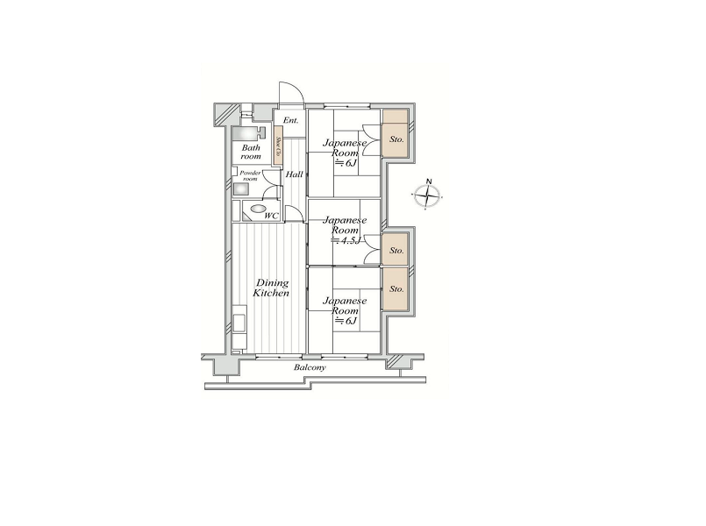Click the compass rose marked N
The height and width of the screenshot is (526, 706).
pos(427,196)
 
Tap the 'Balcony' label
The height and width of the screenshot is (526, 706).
pos(310,367)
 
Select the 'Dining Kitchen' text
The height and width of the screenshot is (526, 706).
pos(271,288)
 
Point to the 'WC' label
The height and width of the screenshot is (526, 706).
pos(272,215)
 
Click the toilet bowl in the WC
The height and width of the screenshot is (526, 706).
pos(255,210)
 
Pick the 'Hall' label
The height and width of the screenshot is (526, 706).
pos(295,175)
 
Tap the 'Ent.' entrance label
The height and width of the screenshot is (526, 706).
pos(290,120)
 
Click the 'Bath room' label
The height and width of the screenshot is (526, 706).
pos(251,152)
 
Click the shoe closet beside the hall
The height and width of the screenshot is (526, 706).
pos(277,144)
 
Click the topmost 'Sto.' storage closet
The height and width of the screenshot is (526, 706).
pos(396,139)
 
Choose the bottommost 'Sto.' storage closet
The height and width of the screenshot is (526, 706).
pos(396,288)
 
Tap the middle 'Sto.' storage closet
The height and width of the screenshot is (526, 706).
pos(396,250)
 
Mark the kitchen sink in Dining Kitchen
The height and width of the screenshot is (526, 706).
pos(239,316)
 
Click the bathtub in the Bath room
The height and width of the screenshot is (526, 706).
pos(248,133)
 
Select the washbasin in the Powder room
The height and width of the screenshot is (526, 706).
pos(240,188)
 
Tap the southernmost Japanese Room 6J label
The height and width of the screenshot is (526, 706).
pos(344,310)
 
